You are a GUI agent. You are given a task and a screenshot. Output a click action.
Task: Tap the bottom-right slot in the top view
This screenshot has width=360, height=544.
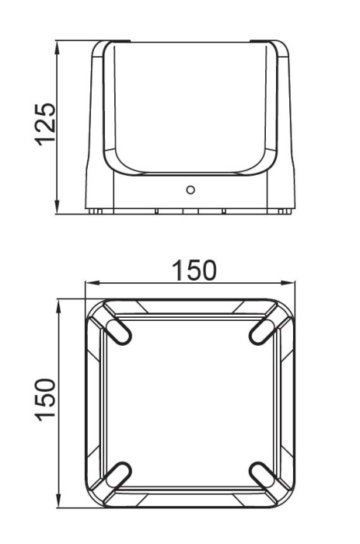[263, 474]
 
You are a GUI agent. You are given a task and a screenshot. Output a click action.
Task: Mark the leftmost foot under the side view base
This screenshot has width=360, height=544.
[95, 211]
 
